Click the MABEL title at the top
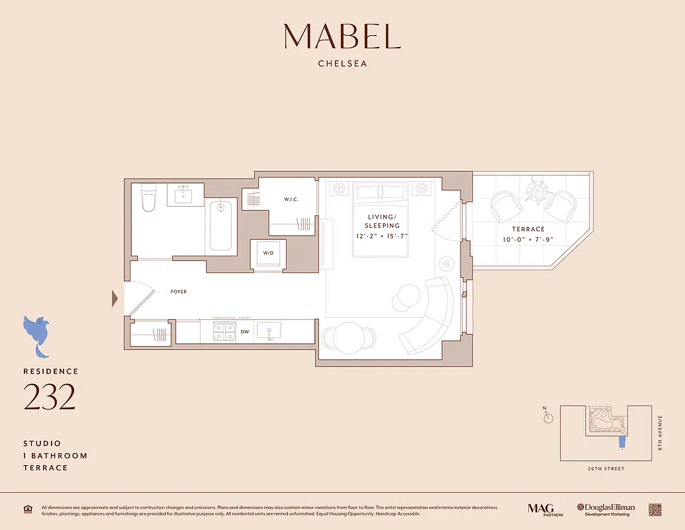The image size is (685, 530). pos(342,36)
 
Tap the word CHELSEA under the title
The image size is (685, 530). pos(342,64)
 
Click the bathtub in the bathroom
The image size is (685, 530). pos(220,225)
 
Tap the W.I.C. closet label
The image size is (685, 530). pos(293,198)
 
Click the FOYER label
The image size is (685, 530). pos(179,291)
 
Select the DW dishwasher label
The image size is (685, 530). pos(245,331)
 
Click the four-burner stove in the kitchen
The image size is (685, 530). pos(224,331)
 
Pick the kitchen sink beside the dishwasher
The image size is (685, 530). pos(269,331)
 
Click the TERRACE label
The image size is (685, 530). pos(528,229)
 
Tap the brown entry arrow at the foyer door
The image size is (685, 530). pos(115,299)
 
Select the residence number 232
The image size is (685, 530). pos(50,396)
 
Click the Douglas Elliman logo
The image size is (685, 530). pos(606,509)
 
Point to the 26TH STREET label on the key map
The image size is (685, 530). pos(606,469)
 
